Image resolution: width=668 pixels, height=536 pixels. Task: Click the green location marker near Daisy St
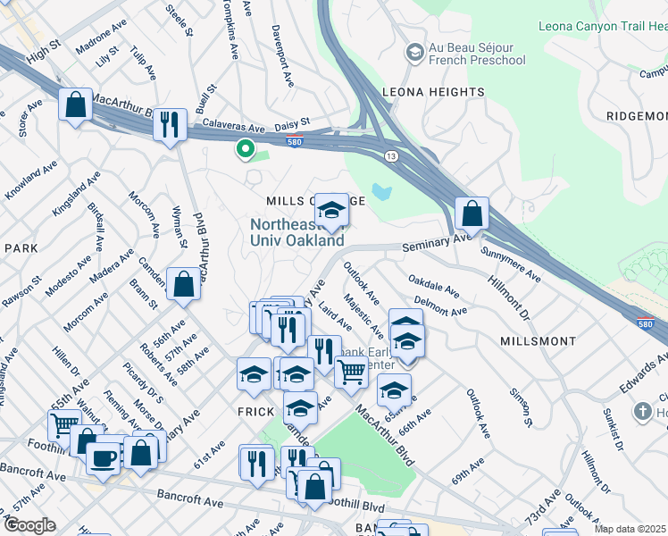pyautogui.click(x=244, y=149)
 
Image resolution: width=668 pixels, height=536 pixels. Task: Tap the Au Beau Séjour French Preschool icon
pyautogui.click(x=414, y=54)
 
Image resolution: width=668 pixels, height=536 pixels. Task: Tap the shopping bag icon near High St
pyautogui.click(x=76, y=105)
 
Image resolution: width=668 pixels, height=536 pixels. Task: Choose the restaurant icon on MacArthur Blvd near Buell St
pyautogui.click(x=170, y=124)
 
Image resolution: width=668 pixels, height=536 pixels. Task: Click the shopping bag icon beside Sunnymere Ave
pyautogui.click(x=471, y=214)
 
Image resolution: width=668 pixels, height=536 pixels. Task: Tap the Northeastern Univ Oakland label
pyautogui.click(x=296, y=233)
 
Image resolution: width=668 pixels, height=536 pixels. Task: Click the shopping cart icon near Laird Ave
pyautogui.click(x=351, y=371)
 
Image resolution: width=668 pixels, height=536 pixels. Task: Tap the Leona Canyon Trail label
pyautogui.click(x=604, y=27)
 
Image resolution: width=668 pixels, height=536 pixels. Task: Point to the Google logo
pyautogui.click(x=29, y=525)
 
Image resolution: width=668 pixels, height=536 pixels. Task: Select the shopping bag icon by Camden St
pyautogui.click(x=183, y=285)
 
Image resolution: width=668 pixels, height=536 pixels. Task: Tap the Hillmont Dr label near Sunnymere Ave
pyautogui.click(x=508, y=298)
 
